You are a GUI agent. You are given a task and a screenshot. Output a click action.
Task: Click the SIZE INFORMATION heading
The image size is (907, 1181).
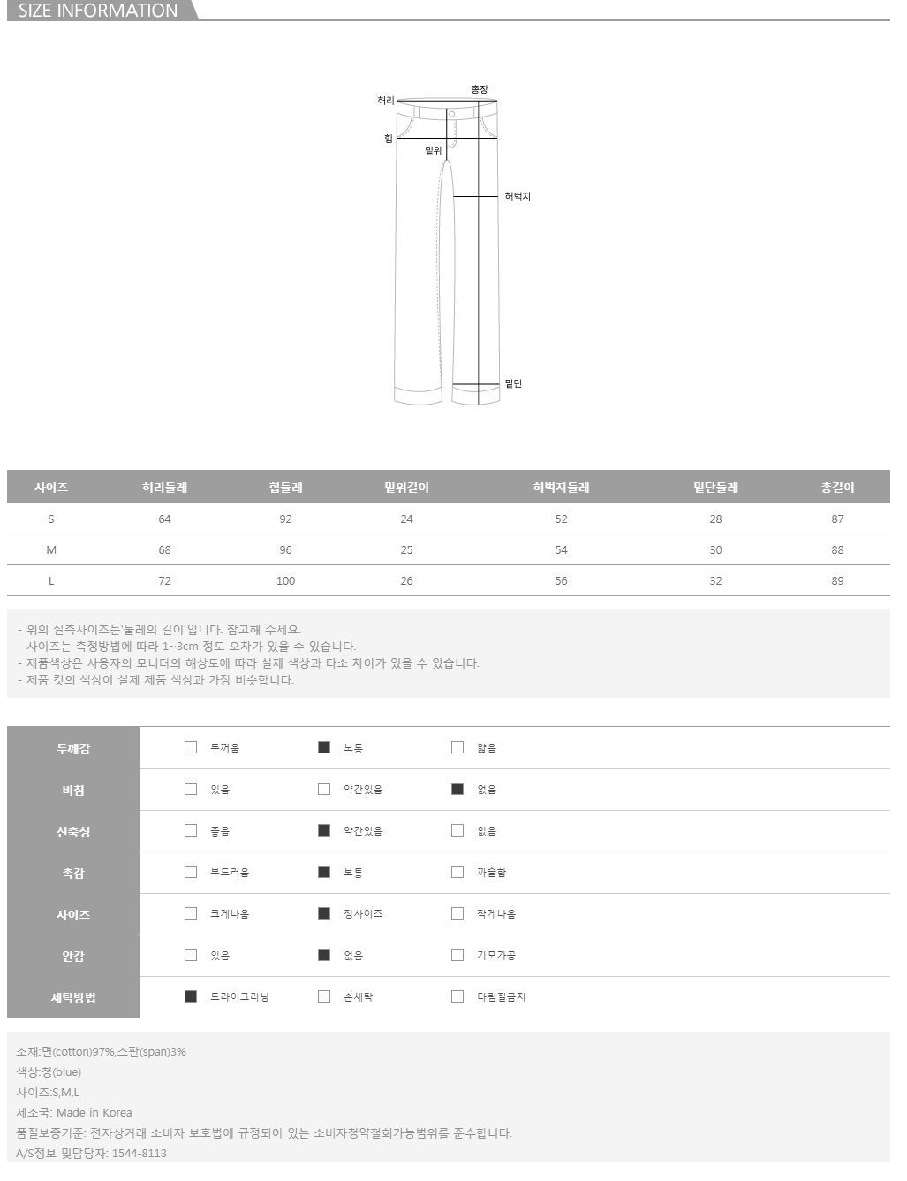(98, 11)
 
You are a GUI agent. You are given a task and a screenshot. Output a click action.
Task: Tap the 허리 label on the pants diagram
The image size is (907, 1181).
(386, 101)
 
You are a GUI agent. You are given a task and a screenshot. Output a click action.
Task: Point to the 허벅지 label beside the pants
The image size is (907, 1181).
(518, 196)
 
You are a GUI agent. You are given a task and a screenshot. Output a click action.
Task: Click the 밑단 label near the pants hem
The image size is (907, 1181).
(513, 383)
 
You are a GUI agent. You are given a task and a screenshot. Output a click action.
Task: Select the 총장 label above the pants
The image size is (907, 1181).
(480, 89)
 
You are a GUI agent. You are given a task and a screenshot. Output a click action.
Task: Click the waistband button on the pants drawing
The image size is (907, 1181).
(452, 114)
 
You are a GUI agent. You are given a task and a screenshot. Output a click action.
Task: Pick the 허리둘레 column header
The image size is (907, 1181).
(164, 488)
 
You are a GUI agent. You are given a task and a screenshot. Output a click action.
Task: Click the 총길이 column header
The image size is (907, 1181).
(837, 488)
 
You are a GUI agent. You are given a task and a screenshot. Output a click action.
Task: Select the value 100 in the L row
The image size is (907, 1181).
(285, 581)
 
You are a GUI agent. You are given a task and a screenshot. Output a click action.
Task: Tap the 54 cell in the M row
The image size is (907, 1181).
(561, 550)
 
